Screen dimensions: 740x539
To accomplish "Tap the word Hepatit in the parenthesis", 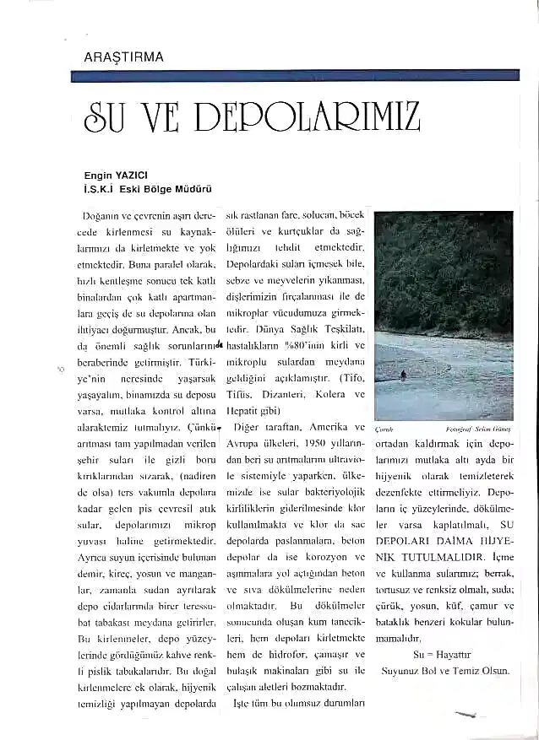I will click(x=245, y=411).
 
